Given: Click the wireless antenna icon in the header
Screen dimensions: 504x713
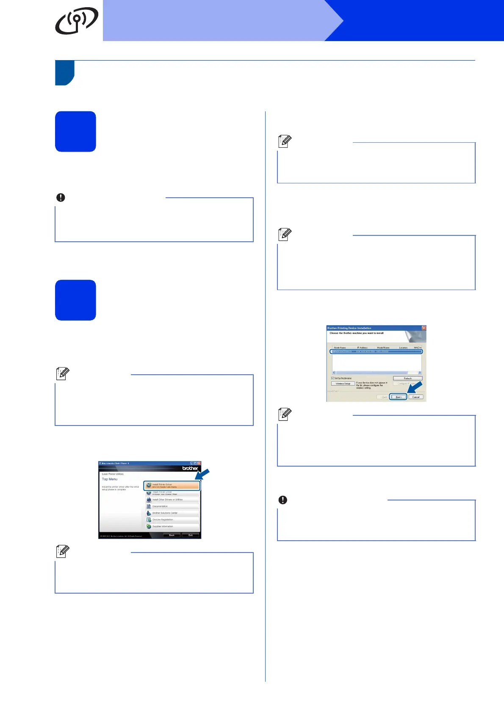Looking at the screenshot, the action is [x=76, y=20].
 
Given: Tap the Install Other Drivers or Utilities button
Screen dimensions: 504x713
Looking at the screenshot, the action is [x=172, y=500].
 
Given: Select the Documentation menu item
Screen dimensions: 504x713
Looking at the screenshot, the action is [x=172, y=506].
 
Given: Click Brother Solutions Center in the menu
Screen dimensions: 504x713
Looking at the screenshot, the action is [x=172, y=513].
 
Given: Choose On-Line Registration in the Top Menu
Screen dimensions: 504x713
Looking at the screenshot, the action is [x=172, y=520].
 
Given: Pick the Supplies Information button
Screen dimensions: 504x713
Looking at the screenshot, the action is [x=172, y=526].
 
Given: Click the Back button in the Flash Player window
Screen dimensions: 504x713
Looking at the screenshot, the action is [x=172, y=535].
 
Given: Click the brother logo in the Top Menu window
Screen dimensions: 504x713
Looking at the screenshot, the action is [x=190, y=468].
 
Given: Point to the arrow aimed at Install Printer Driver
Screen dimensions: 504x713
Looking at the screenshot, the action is [x=202, y=474].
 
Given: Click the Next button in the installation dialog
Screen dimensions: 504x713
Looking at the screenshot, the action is [x=398, y=397].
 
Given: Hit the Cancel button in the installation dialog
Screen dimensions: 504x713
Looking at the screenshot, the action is [x=416, y=397].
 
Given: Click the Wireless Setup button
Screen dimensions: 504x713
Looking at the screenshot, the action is [x=343, y=384].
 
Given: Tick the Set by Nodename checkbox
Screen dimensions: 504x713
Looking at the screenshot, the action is [x=332, y=378].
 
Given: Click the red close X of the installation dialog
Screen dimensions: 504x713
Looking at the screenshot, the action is [x=424, y=328].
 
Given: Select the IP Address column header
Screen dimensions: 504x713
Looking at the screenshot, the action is [x=362, y=348].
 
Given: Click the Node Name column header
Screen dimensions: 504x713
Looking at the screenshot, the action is [x=340, y=348].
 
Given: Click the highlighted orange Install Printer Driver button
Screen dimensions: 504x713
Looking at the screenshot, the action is [x=172, y=486].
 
